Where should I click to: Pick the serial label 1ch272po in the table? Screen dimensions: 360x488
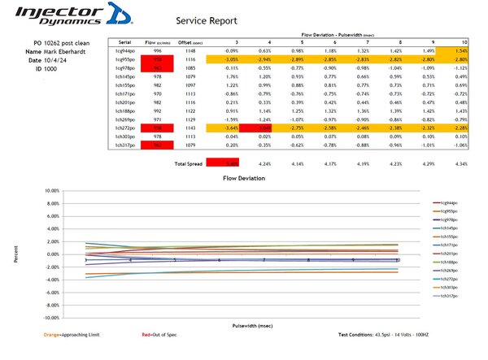tap(124, 128)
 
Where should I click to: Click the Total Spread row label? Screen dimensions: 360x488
tap(188, 163)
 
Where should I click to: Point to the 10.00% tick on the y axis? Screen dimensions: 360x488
tap(50, 190)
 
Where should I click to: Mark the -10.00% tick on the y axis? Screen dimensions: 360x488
tap(49, 318)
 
